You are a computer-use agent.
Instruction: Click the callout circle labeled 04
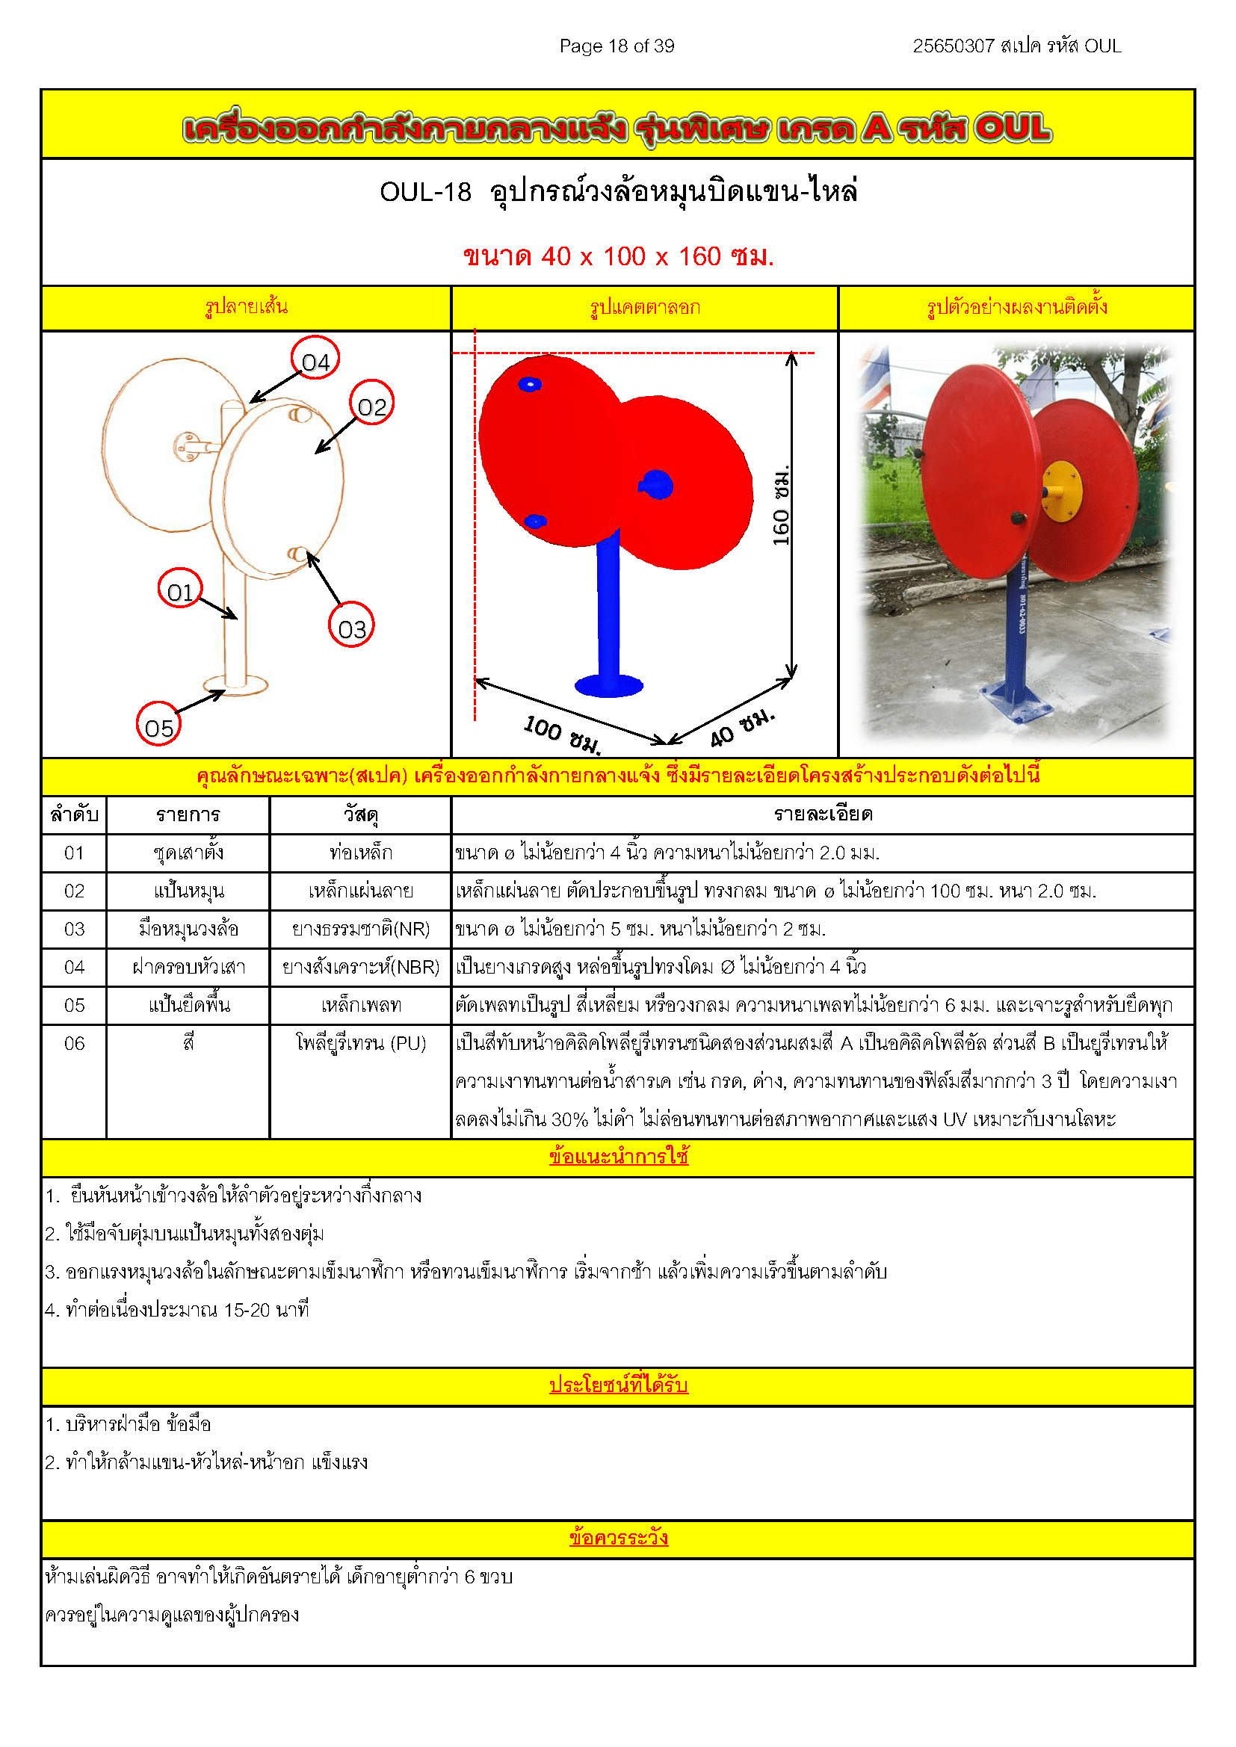click(x=315, y=359)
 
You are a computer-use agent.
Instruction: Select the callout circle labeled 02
click(x=371, y=403)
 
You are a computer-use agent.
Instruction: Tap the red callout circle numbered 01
click(x=180, y=590)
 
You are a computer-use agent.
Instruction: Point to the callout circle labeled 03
click(x=352, y=626)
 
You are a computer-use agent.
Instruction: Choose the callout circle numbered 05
click(x=158, y=725)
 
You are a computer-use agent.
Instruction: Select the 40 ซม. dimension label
click(x=742, y=729)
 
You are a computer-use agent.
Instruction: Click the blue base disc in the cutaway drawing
click(x=609, y=685)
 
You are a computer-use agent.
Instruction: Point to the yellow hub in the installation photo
click(x=1062, y=492)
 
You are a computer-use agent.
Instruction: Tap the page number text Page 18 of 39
click(x=617, y=46)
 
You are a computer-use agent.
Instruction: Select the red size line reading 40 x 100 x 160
click(x=618, y=256)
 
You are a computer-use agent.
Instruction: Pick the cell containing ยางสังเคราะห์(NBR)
click(x=361, y=967)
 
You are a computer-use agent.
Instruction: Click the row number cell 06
click(x=74, y=1043)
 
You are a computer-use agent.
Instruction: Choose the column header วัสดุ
click(x=361, y=815)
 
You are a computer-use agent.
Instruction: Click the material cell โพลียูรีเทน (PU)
click(x=361, y=1043)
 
